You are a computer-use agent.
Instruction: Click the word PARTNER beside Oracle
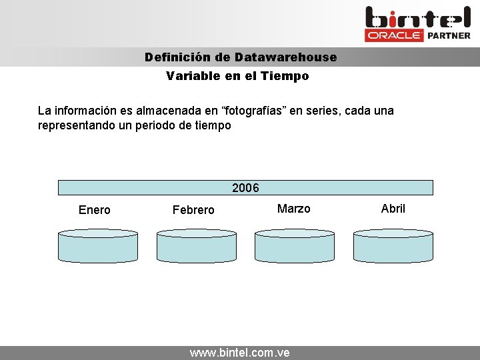tap(448, 35)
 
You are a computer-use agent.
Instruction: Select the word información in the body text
tap(86, 110)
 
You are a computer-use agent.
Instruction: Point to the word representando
tap(73, 125)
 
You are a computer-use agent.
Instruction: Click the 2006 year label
tap(245, 188)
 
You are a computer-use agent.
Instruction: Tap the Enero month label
tap(95, 210)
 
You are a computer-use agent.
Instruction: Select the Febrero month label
tap(193, 210)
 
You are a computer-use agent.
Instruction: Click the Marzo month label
tap(293, 209)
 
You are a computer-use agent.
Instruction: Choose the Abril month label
tap(393, 209)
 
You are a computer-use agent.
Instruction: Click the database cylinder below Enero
tap(98, 246)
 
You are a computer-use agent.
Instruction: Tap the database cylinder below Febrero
tap(196, 246)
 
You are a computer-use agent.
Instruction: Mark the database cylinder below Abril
tap(393, 246)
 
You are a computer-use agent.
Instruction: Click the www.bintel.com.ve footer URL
tap(240, 353)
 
